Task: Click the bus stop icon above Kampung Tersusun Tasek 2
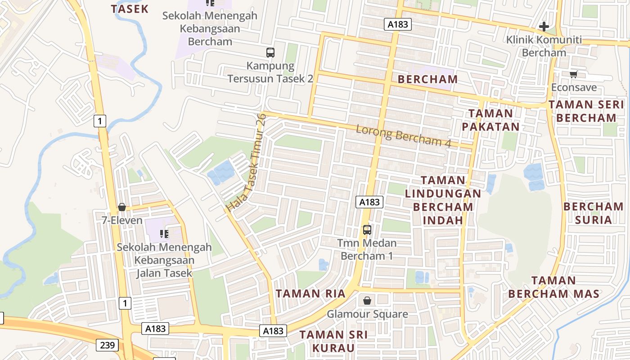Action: [x=270, y=52]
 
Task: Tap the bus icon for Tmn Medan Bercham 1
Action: [x=367, y=230]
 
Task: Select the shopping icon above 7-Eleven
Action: [x=121, y=207]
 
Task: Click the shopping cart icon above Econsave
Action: [x=573, y=74]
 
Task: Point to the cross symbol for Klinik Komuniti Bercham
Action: [x=544, y=27]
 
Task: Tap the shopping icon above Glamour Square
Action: [x=367, y=300]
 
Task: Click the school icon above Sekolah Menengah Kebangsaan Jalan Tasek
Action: [x=164, y=234]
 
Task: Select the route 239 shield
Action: [x=107, y=345]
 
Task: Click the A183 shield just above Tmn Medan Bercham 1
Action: [x=370, y=202]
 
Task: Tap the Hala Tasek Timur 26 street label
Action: [x=247, y=162]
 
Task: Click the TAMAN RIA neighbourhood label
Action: [x=310, y=294]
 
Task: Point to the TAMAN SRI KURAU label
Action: [x=333, y=341]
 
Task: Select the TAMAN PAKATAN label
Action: [x=490, y=120]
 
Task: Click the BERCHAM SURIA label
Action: [x=594, y=213]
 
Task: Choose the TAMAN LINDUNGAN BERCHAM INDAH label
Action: [x=443, y=200]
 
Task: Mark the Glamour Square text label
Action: [x=367, y=314]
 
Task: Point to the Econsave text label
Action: [x=574, y=87]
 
